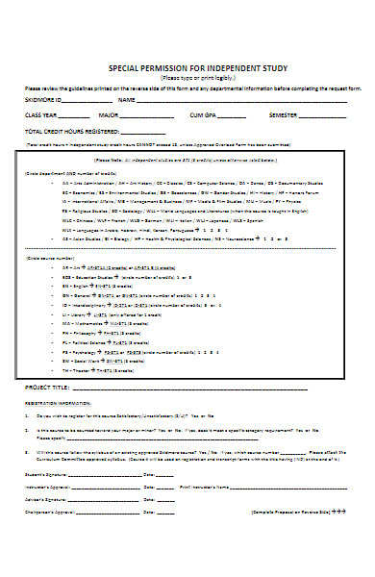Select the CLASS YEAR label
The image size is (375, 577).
click(43, 114)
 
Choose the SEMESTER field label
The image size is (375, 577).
click(287, 114)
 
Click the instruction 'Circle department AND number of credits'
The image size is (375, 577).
click(82, 173)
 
